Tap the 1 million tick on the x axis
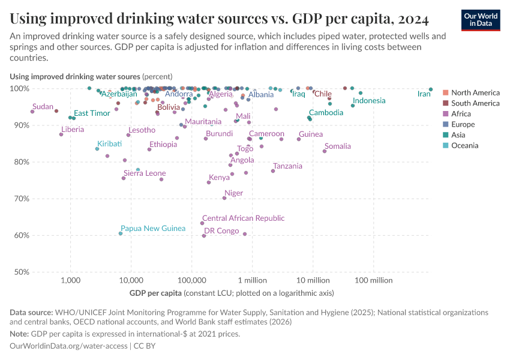click(252, 280)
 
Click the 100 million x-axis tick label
click(374, 280)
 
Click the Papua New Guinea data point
click(121, 233)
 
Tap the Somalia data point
click(325, 151)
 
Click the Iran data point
click(431, 89)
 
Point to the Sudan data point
click(32, 112)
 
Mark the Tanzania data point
click(273, 171)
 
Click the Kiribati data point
click(97, 149)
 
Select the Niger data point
click(224, 198)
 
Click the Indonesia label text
click(369, 100)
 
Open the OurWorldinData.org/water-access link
click(68, 346)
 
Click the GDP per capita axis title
click(155, 293)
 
